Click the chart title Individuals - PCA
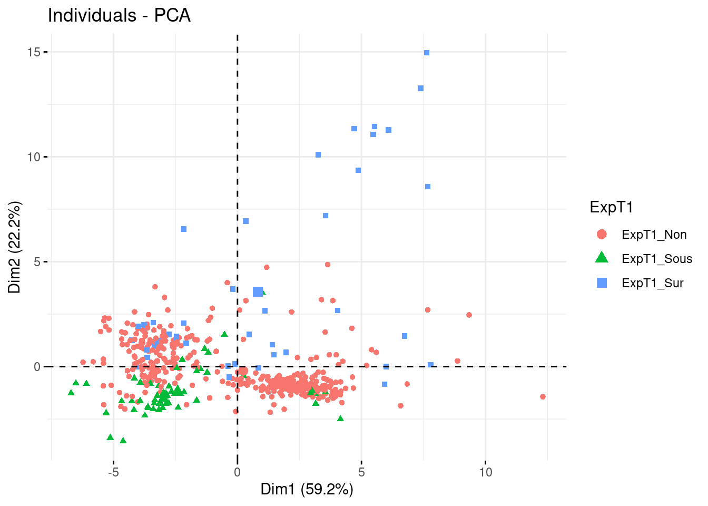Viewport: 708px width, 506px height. click(x=119, y=15)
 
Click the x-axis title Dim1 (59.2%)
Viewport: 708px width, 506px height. click(x=307, y=489)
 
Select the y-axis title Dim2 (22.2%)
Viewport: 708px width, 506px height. click(x=15, y=247)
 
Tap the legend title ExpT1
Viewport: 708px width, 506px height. click(x=611, y=207)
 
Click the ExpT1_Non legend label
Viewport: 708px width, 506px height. click(x=654, y=235)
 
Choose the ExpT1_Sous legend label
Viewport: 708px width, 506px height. click(x=656, y=259)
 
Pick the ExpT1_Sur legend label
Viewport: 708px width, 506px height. click(x=652, y=283)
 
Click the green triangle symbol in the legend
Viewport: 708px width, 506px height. click(x=602, y=258)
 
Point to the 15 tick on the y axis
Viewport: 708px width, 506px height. click(x=35, y=52)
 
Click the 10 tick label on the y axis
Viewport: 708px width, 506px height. click(x=35, y=157)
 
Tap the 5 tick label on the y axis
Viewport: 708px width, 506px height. click(x=37, y=262)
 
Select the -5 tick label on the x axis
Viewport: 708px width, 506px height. click(x=113, y=472)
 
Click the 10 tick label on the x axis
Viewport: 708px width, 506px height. click(x=485, y=472)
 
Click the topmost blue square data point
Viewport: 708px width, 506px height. click(x=427, y=53)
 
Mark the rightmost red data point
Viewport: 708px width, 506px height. click(x=543, y=397)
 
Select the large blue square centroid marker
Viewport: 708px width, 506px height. click(x=258, y=291)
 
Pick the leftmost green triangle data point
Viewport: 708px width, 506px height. click(x=71, y=393)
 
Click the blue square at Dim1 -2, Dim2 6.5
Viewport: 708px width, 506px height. click(x=184, y=229)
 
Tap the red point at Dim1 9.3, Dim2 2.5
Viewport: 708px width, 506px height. click(x=469, y=315)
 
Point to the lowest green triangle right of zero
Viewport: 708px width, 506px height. click(x=340, y=419)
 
